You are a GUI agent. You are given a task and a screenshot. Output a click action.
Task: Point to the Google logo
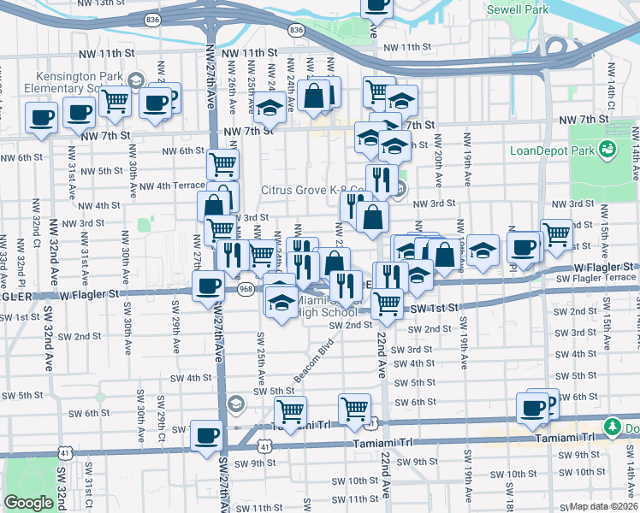28,503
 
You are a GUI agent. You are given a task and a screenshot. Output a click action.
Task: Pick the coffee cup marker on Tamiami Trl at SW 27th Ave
206,436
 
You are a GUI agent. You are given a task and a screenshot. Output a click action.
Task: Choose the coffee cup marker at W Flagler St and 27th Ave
207,286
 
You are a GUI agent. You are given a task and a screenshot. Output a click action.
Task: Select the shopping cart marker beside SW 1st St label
388,302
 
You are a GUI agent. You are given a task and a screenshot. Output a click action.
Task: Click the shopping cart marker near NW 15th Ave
557,233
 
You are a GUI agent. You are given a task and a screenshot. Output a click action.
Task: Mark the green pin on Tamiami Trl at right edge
612,426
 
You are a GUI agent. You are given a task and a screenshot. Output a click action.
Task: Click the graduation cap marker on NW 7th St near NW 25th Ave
270,109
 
